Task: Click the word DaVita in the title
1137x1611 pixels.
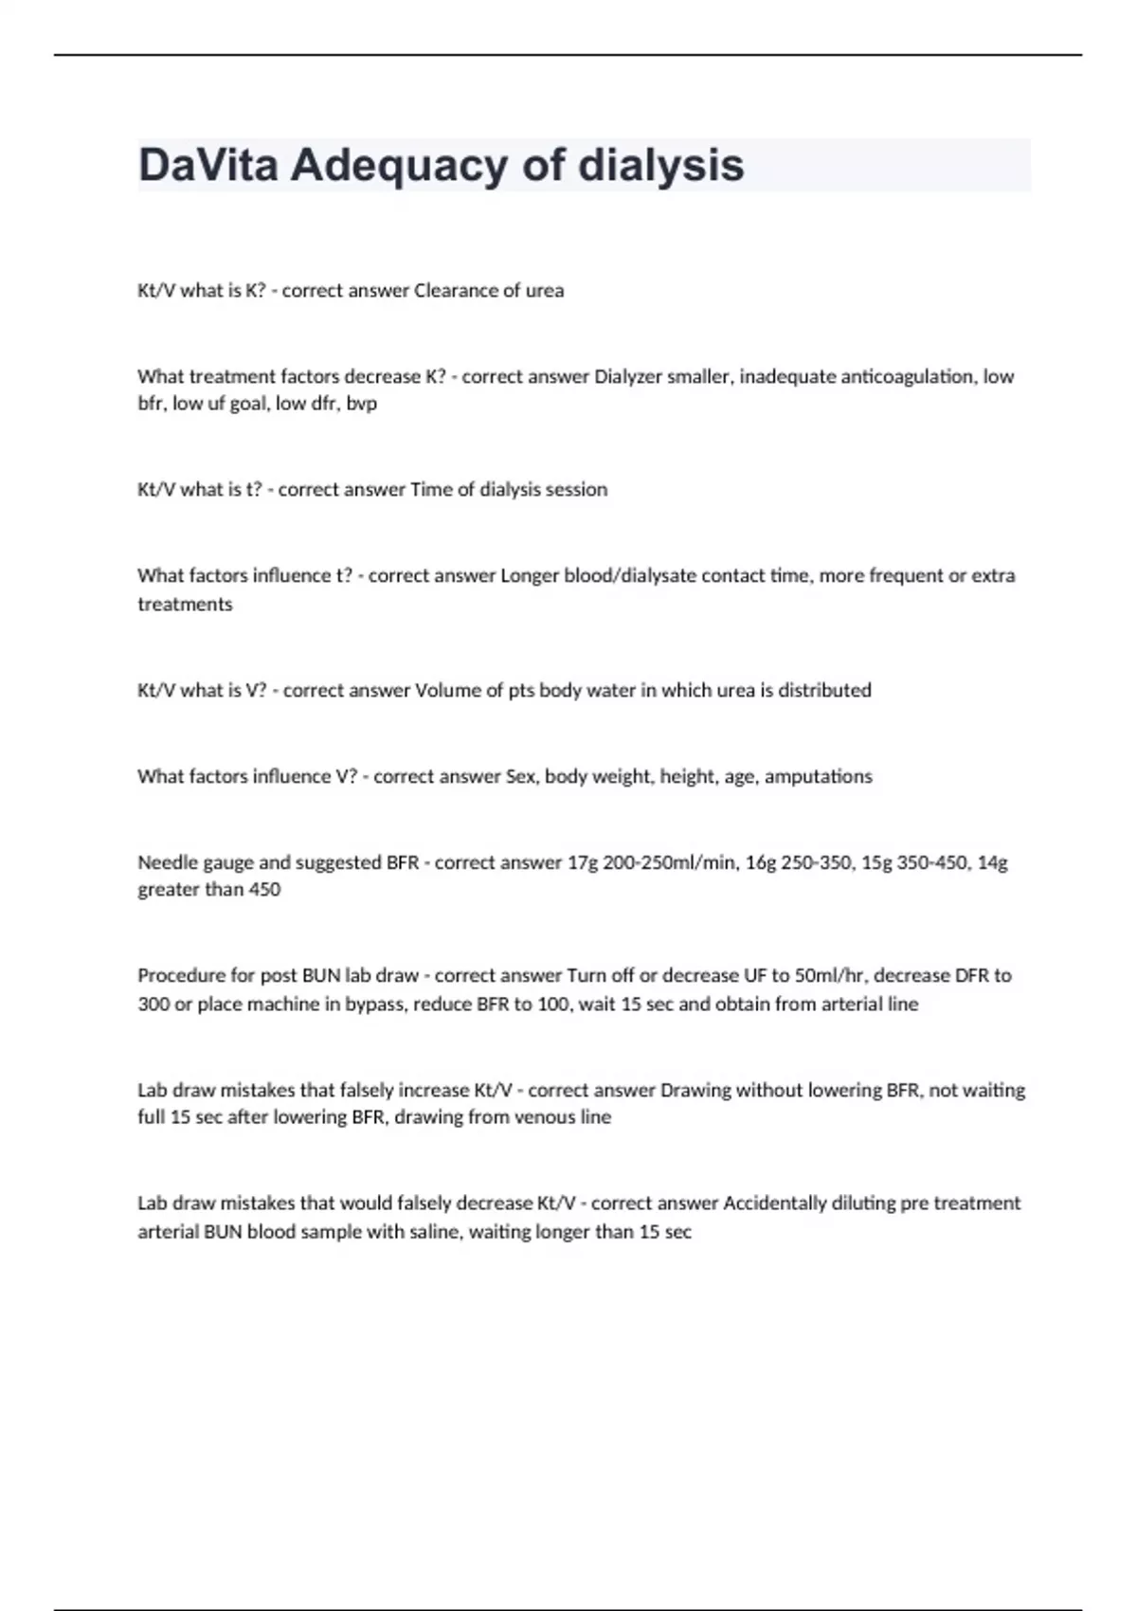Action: [x=208, y=165]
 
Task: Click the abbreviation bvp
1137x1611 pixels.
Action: [x=361, y=404]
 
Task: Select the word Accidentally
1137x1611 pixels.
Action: [x=774, y=1204]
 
